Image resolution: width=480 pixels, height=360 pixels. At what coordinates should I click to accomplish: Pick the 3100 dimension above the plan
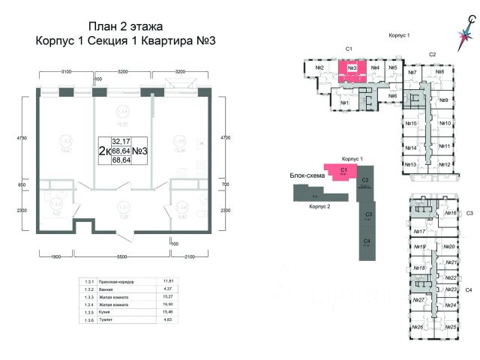click(x=65, y=72)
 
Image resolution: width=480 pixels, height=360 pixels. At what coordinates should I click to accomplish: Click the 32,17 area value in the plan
click(x=120, y=140)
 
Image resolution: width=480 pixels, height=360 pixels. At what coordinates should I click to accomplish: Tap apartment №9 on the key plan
click(x=444, y=100)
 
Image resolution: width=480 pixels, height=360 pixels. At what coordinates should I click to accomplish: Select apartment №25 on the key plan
click(x=451, y=328)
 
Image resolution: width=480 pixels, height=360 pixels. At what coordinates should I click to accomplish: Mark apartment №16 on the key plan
click(x=451, y=214)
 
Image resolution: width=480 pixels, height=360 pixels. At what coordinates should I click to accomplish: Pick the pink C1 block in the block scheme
click(x=341, y=171)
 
